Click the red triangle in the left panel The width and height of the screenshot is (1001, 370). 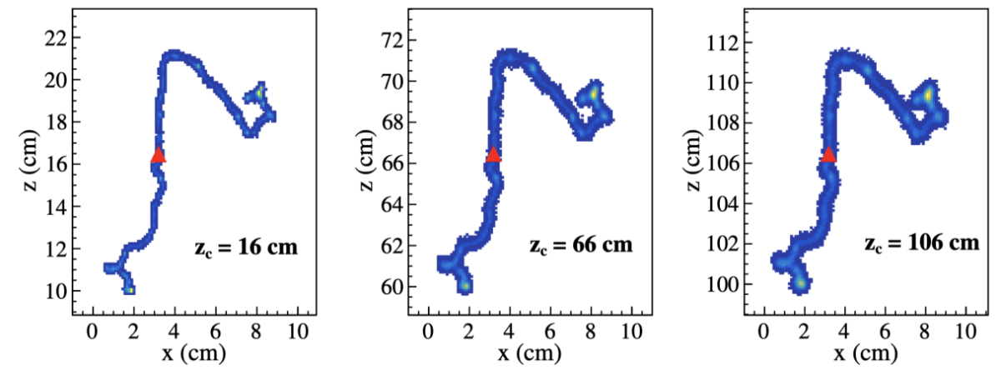(x=158, y=155)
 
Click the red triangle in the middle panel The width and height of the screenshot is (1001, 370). (x=494, y=154)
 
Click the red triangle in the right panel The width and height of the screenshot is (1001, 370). (x=828, y=154)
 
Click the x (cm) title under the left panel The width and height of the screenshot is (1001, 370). (x=194, y=353)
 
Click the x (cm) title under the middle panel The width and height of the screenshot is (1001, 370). (x=530, y=353)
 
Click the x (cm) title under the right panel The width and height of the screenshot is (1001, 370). (x=865, y=353)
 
